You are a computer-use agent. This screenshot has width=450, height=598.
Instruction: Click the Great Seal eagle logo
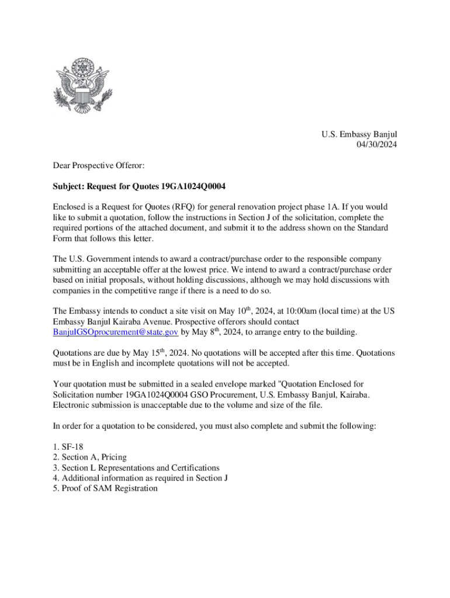click(x=84, y=86)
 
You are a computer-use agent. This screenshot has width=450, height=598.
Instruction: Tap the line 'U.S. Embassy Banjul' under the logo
click(x=359, y=134)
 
